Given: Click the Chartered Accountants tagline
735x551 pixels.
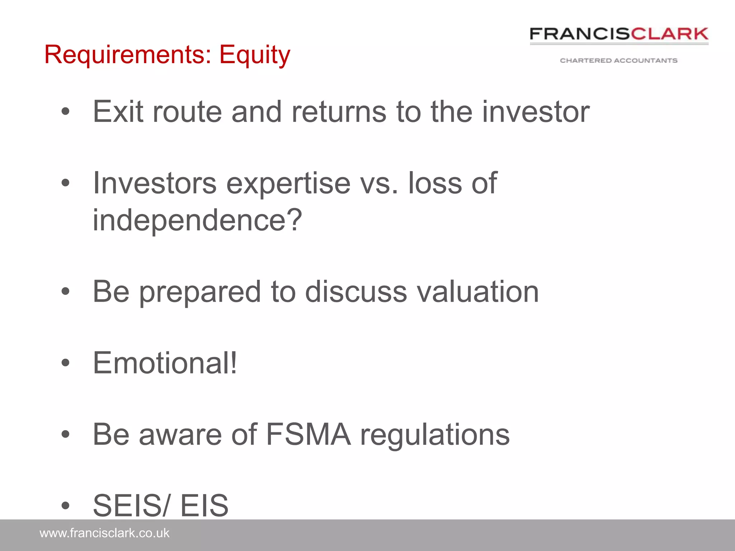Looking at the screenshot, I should pos(619,61).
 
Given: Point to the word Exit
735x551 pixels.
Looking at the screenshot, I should pos(118,112).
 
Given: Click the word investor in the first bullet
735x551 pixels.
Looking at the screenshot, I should pos(535,112).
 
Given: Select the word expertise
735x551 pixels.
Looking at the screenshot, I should pos(288,184).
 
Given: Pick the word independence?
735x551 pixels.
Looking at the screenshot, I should pos(197,220).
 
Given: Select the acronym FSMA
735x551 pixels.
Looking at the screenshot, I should pos(308,434).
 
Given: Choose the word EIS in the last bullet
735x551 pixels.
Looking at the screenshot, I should pos(204,505).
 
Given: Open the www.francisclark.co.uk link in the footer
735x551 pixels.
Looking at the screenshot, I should pos(104,533).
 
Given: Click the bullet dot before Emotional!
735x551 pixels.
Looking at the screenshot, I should pos(65,363).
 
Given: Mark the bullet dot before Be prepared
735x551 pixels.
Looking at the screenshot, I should pos(65,291).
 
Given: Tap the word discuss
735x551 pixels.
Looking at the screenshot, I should pos(356,291).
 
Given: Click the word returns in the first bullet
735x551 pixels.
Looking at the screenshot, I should pos(339,112).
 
